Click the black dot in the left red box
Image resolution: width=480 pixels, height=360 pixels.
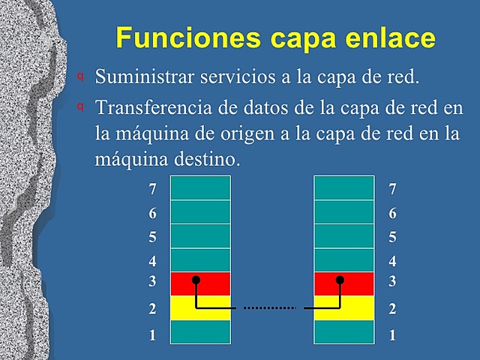click(196, 280)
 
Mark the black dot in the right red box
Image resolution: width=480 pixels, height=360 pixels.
click(340, 280)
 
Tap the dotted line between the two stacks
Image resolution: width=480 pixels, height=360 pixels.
click(270, 307)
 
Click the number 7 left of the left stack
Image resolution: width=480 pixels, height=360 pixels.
click(153, 190)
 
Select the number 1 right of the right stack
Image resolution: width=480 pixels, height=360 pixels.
click(392, 335)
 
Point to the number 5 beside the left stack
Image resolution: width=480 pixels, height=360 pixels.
click(153, 238)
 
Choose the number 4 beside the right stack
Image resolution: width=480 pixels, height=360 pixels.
click(392, 262)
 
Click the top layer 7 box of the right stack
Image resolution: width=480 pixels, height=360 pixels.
click(343, 187)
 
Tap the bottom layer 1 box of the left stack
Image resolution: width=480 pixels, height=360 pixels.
click(200, 331)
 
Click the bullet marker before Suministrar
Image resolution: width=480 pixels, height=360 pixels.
click(80, 76)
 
